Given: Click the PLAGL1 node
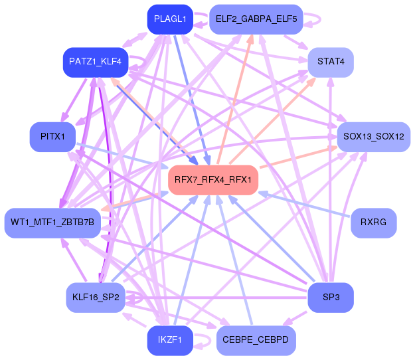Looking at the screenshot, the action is (170, 19).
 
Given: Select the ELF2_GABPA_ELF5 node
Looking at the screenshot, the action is (256, 19).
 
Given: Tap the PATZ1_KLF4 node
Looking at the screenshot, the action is (96, 62).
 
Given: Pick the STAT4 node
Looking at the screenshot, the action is (331, 62).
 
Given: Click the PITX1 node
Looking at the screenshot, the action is (52, 137).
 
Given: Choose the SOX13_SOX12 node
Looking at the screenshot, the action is (374, 137).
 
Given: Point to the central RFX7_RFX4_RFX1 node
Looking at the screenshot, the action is (213, 180).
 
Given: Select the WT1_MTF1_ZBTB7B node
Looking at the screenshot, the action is (52, 223).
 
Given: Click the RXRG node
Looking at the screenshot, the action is (374, 223).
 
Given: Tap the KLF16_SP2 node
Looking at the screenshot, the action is (96, 298).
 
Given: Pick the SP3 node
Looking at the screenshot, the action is (331, 298).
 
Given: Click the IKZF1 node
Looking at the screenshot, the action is (170, 341).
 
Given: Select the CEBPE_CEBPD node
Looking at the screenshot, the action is (256, 341).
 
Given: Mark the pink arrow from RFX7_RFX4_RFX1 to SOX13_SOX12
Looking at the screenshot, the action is (299, 157).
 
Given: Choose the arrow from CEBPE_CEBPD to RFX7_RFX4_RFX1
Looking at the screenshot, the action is (234, 260).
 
